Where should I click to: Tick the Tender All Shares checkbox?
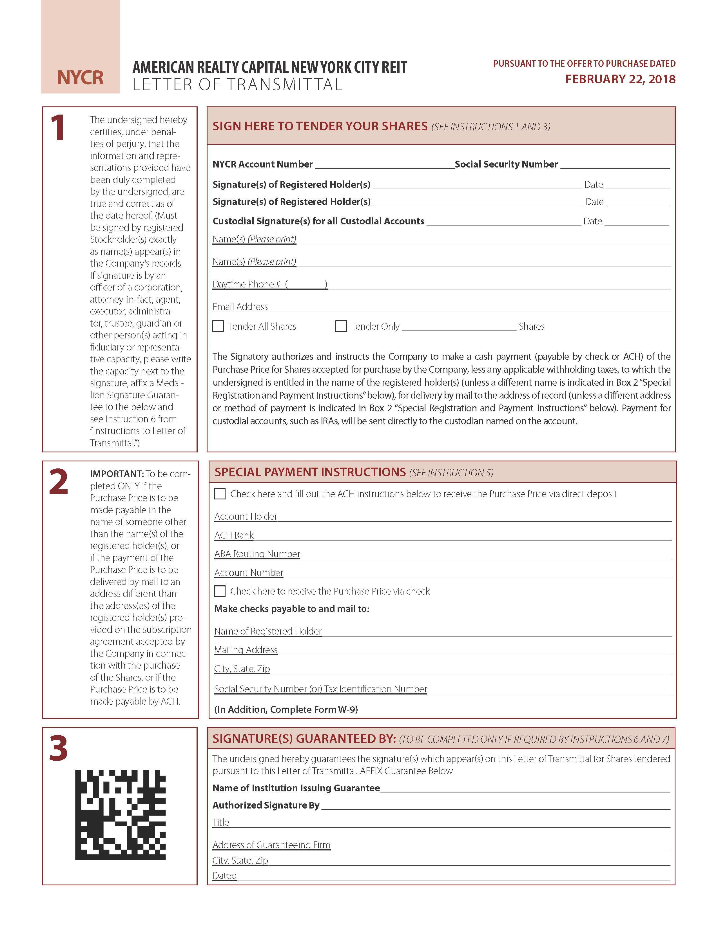click(218, 326)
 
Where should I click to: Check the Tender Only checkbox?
click(341, 326)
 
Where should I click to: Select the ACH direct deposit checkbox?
click(220, 494)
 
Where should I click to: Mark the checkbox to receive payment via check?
click(220, 591)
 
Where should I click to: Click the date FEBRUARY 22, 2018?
click(620, 79)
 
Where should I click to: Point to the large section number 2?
click(59, 482)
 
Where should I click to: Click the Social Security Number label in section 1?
click(506, 164)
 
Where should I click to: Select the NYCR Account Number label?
click(262, 164)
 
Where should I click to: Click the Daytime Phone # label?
click(246, 284)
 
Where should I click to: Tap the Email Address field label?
click(240, 307)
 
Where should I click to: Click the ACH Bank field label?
click(234, 535)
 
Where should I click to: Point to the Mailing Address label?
click(246, 650)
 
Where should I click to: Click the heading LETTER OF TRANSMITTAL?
click(237, 85)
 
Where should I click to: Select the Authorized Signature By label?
click(266, 805)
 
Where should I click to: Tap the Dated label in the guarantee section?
click(225, 876)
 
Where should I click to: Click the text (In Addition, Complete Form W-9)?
click(286, 709)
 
